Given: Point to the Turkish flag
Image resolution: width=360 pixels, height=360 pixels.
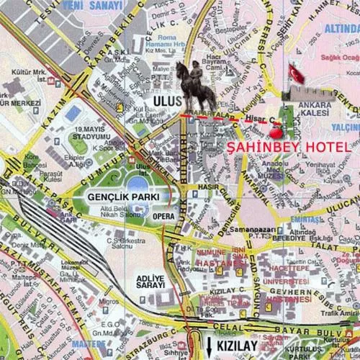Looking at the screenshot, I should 296,73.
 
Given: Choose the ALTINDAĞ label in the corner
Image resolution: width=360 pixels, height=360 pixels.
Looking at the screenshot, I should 341,28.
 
